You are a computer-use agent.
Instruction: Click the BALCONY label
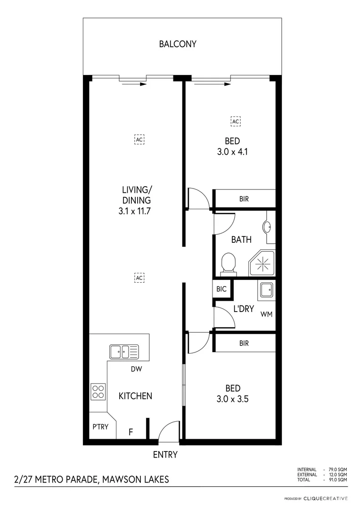(178, 44)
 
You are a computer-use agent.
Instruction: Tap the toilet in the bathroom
(228, 263)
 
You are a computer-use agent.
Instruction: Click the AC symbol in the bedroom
(236, 121)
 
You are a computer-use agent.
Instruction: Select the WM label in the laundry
(266, 314)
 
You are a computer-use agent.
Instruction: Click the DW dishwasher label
(137, 369)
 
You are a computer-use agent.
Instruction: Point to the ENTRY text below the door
(165, 455)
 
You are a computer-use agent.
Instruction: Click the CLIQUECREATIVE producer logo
(326, 498)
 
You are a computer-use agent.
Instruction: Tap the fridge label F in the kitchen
(131, 431)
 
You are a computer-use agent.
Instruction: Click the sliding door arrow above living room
(134, 85)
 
